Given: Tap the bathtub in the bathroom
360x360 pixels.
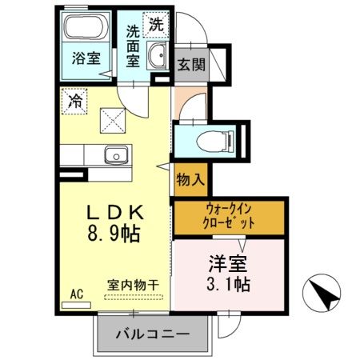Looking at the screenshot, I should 85,33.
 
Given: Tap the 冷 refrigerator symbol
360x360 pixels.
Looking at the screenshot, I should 74,102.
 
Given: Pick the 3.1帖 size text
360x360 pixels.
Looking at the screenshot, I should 226,284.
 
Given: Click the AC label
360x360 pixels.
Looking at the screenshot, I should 77,293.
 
